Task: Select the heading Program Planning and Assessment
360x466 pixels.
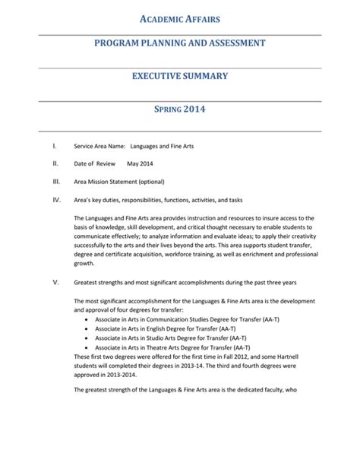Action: coord(179,43)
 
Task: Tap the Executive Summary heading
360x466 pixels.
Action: coord(180,76)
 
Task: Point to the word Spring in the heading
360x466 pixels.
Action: coord(166,109)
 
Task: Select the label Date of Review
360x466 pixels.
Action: coord(94,163)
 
